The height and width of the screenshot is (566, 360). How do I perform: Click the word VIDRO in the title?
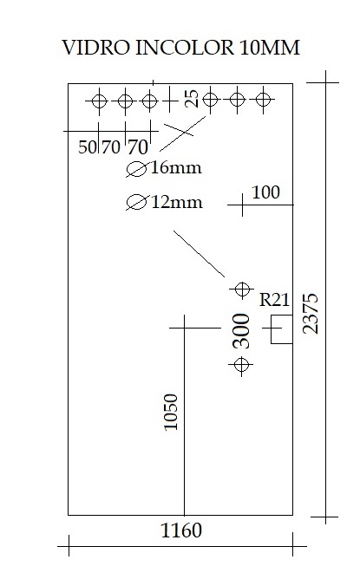pyautogui.click(x=95, y=48)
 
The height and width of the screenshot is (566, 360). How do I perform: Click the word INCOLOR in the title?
pyautogui.click(x=184, y=48)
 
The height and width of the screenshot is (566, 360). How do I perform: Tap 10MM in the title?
pyautogui.click(x=270, y=48)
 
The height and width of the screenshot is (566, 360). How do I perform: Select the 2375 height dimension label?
pyautogui.click(x=311, y=313)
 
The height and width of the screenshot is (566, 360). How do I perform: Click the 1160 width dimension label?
pyautogui.click(x=181, y=530)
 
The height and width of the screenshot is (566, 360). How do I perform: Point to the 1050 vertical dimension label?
pyautogui.click(x=171, y=412)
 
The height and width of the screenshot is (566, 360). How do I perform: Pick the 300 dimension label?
pyautogui.click(x=241, y=331)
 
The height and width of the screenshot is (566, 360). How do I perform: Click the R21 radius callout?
pyautogui.click(x=274, y=300)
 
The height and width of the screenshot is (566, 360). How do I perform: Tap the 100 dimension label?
pyautogui.click(x=265, y=192)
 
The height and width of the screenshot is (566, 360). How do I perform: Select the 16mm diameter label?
pyautogui.click(x=176, y=168)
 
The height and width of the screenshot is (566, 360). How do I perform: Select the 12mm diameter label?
pyautogui.click(x=177, y=202)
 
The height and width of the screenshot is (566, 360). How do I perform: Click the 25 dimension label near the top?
pyautogui.click(x=192, y=99)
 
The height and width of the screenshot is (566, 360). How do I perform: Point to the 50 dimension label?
pyautogui.click(x=88, y=146)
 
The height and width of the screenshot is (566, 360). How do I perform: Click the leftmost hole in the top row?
pyautogui.click(x=99, y=101)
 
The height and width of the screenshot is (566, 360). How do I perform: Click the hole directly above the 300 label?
pyautogui.click(x=242, y=289)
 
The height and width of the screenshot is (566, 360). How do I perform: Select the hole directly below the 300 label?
pyautogui.click(x=241, y=365)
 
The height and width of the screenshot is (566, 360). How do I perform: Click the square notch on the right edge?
pyautogui.click(x=282, y=315)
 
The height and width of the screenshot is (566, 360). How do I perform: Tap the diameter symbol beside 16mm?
pyautogui.click(x=137, y=169)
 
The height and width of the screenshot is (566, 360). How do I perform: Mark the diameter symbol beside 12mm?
pyautogui.click(x=137, y=202)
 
